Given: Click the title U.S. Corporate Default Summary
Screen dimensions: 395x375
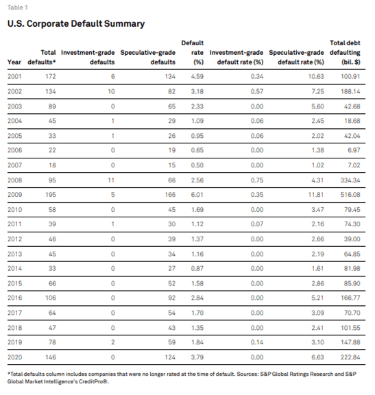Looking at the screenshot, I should click(x=75, y=24).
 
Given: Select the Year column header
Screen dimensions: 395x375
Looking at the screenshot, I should click(x=14, y=62).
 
